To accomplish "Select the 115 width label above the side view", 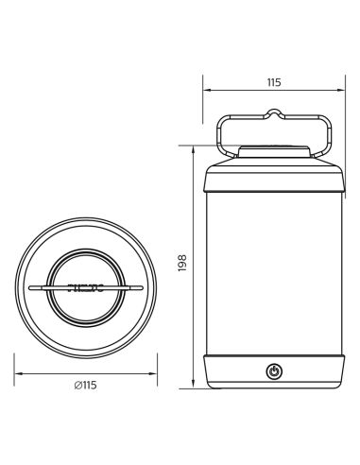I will (x=274, y=83).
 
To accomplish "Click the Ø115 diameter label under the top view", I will (x=86, y=384).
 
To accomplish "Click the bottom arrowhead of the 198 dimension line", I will (x=195, y=387).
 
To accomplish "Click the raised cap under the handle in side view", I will (x=275, y=152).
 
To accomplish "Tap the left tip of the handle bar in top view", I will (x=30, y=284).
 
